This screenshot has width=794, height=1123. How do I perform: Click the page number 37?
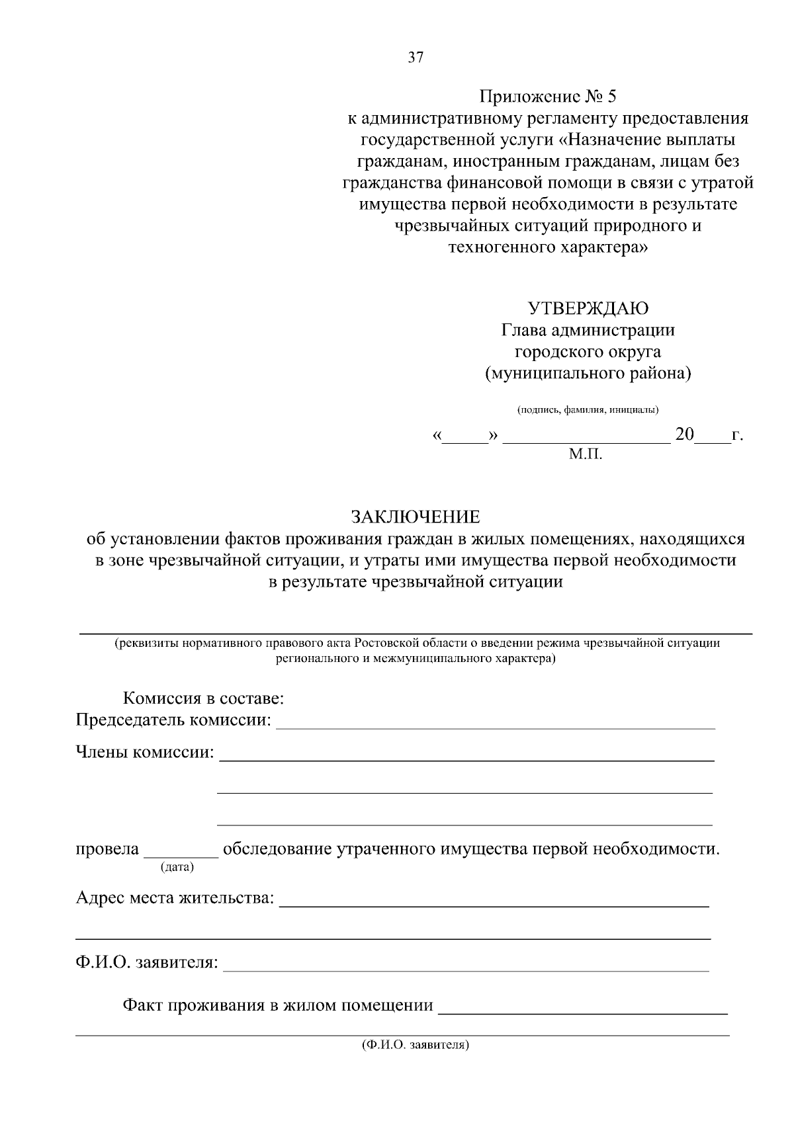[x=416, y=58]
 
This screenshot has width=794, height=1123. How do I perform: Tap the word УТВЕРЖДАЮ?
[x=588, y=308]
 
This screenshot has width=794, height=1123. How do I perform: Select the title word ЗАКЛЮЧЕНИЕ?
[x=415, y=517]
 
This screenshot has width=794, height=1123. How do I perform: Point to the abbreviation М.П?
[x=586, y=454]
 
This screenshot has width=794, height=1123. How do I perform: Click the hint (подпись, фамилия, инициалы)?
[x=588, y=410]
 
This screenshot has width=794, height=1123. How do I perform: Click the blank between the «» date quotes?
[x=465, y=438]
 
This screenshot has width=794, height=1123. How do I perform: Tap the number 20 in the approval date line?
[x=684, y=435]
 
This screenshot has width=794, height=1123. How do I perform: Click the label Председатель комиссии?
[x=173, y=720]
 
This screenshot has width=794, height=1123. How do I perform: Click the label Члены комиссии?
[x=145, y=752]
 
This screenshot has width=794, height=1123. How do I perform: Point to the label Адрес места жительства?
[x=175, y=897]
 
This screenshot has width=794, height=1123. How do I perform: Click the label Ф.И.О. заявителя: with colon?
[x=147, y=962]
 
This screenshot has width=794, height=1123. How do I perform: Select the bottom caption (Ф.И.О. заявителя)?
[x=416, y=1046]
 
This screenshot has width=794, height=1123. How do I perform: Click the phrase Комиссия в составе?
[x=203, y=698]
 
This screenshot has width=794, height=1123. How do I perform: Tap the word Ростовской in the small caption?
[x=382, y=643]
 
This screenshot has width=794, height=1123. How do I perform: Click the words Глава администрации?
[x=588, y=330]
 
